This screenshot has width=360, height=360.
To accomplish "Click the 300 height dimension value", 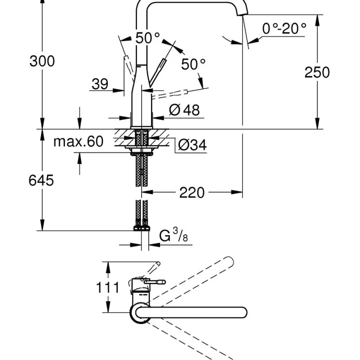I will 42,61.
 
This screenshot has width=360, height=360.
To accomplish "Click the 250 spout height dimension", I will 317,72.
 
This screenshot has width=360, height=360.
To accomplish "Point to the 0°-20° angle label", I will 284,29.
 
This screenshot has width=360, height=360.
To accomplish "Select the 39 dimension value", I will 100,84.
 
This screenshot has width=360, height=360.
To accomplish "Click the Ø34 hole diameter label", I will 191,145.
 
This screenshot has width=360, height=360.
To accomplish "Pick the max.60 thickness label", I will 78,141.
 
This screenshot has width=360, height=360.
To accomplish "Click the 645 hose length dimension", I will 41,180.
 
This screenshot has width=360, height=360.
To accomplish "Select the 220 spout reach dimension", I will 192,192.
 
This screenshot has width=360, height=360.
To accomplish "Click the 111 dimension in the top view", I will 108,287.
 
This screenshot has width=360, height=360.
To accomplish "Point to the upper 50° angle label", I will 148,38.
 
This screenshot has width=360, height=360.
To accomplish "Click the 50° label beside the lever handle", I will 194,64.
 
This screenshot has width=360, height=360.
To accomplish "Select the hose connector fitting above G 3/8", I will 141,229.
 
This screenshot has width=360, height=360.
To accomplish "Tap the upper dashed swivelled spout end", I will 229,262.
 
